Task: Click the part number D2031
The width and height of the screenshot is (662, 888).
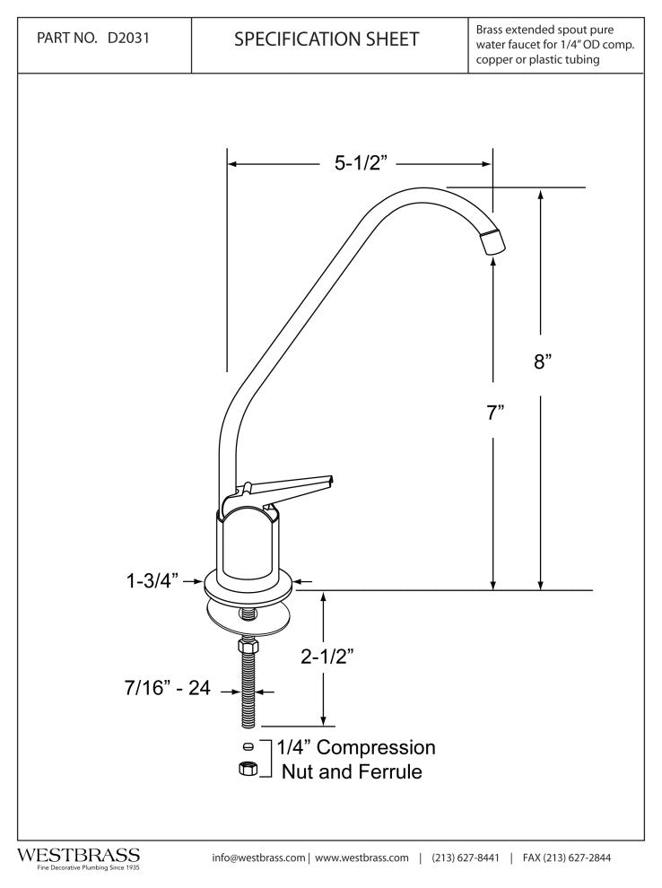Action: coord(128,39)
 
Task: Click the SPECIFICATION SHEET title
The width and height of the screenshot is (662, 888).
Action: coord(327,39)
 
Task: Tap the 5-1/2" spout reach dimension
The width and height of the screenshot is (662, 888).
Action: coord(361,163)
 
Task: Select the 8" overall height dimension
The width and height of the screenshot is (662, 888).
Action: coord(543,361)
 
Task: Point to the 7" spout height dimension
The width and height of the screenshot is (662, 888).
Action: coord(495,413)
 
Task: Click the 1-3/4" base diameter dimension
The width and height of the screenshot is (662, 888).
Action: coord(152,580)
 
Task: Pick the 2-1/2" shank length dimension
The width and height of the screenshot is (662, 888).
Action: coord(327,657)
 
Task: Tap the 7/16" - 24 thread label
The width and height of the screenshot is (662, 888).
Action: coord(167,687)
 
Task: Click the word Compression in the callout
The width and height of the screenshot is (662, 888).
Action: coord(376,747)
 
